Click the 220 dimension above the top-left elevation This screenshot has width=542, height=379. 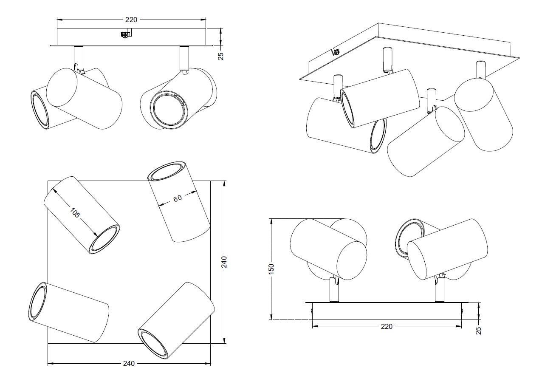(x=131, y=20)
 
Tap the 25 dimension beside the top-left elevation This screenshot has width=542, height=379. (x=221, y=56)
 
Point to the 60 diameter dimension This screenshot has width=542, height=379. (x=178, y=198)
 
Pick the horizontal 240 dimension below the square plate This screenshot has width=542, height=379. (x=129, y=364)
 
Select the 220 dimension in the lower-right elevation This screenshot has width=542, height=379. (x=387, y=326)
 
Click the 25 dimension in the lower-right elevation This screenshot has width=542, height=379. (x=479, y=331)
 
